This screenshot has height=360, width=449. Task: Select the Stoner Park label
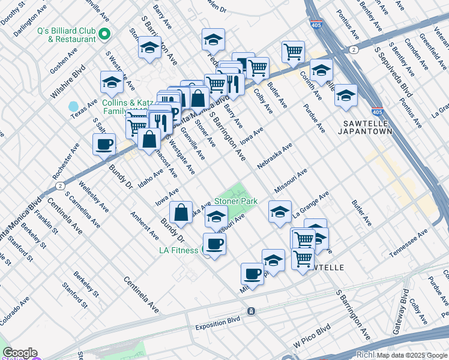236,202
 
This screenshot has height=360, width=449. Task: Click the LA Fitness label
178,250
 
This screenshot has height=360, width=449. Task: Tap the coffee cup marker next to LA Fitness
214,243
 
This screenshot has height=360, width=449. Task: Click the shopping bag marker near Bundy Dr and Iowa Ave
181,211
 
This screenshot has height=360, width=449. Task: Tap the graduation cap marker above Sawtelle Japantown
346,94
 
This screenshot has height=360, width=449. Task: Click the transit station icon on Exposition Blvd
251,311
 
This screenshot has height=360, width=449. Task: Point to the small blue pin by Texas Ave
73,106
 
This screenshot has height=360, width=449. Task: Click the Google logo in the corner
19,353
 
